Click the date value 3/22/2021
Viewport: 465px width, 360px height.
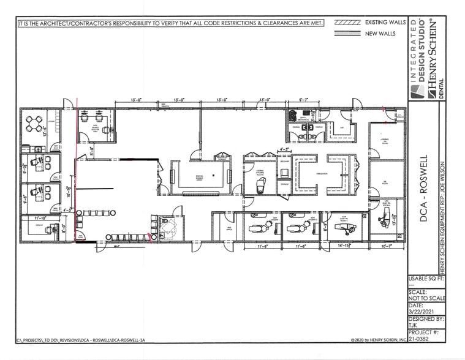pyautogui.click(x=421, y=310)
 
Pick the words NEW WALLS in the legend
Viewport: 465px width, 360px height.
pyautogui.click(x=380, y=34)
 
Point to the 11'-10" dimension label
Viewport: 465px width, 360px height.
pyautogui.click(x=41, y=217)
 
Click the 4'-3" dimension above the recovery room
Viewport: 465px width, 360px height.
pyautogui.click(x=284, y=148)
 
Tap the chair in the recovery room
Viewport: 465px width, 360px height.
pyautogui.click(x=284, y=173)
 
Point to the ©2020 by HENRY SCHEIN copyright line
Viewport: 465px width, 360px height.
pyautogui.click(x=379, y=340)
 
